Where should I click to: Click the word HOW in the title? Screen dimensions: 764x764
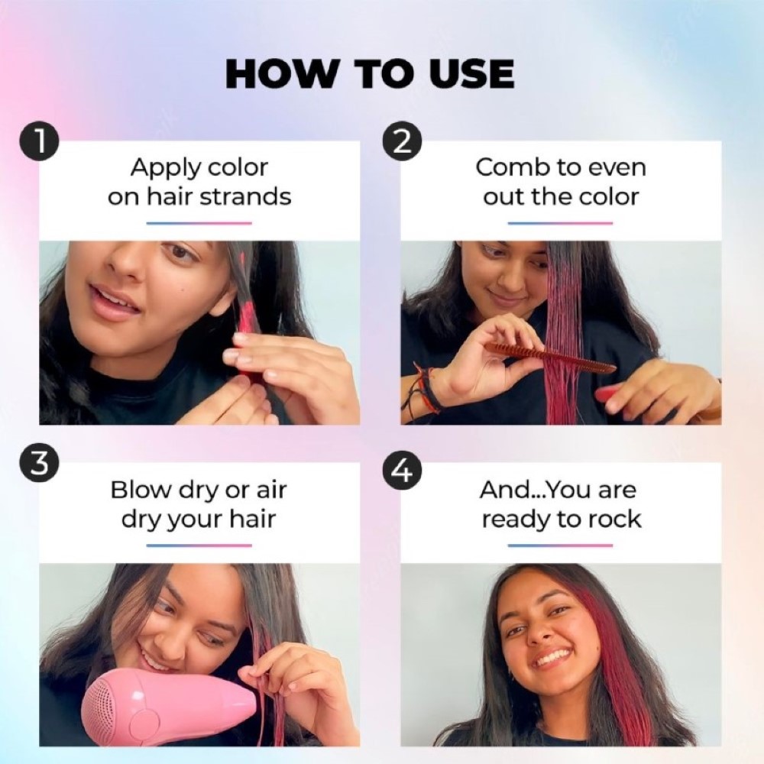(280, 75)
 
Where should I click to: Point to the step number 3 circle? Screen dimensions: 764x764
(40, 465)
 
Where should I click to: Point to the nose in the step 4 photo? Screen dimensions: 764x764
(539, 631)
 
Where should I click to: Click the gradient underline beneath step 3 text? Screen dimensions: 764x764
(199, 545)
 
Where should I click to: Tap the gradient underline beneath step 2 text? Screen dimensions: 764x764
(560, 223)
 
